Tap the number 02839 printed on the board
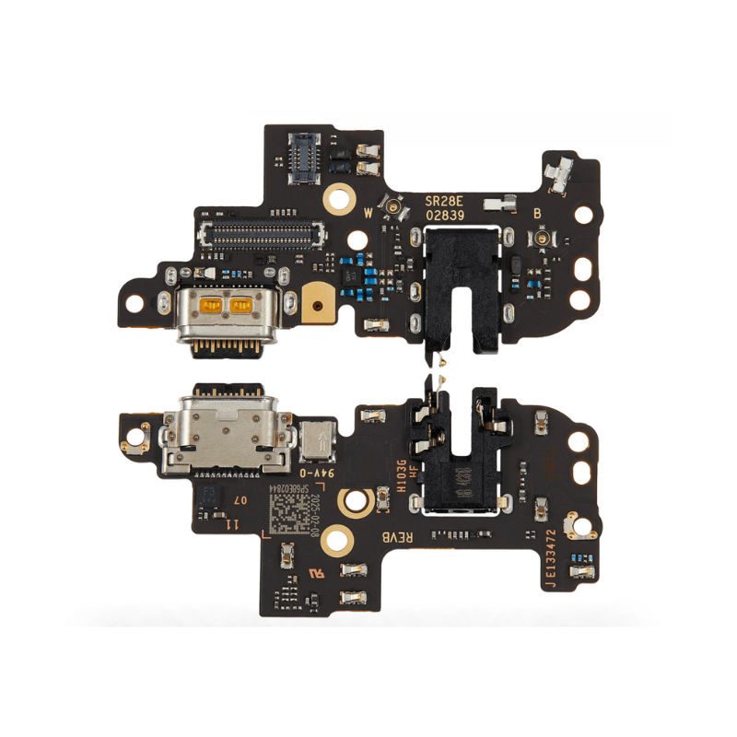click(446, 215)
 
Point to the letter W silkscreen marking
click(369, 212)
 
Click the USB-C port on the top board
click(227, 312)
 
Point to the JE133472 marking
click(550, 557)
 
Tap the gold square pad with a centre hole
click(316, 303)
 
